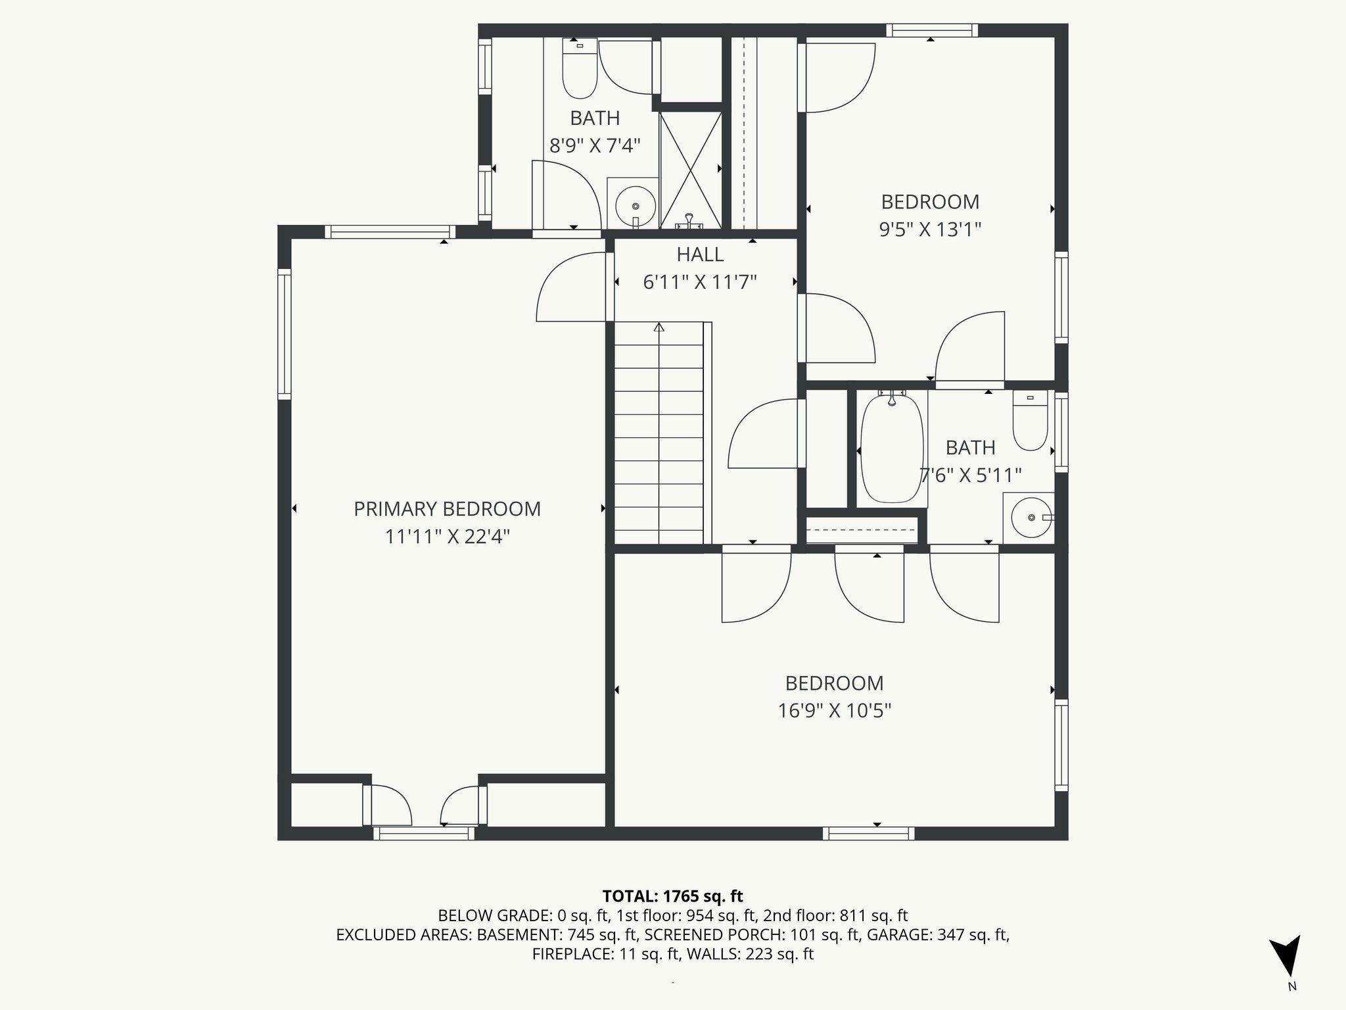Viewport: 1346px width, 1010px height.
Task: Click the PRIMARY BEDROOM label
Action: coord(447,509)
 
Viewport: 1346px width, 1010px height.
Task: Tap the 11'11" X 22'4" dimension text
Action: coord(447,537)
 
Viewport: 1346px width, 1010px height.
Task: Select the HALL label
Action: coord(700,254)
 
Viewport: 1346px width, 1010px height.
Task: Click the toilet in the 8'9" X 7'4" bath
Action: coord(580,68)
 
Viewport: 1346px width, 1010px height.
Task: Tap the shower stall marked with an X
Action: coord(690,170)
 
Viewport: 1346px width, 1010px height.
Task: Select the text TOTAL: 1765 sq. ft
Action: coord(672,896)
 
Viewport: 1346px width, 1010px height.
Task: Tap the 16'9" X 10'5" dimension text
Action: coord(834,711)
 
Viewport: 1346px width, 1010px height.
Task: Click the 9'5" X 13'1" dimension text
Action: coord(930,229)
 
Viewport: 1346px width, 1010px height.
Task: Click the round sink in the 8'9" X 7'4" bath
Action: coord(634,206)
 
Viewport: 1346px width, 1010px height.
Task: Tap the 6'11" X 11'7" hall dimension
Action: coord(700,282)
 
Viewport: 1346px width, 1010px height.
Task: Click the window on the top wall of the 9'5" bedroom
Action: coord(931,30)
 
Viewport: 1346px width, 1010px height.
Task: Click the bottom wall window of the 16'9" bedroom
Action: coord(868,833)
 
